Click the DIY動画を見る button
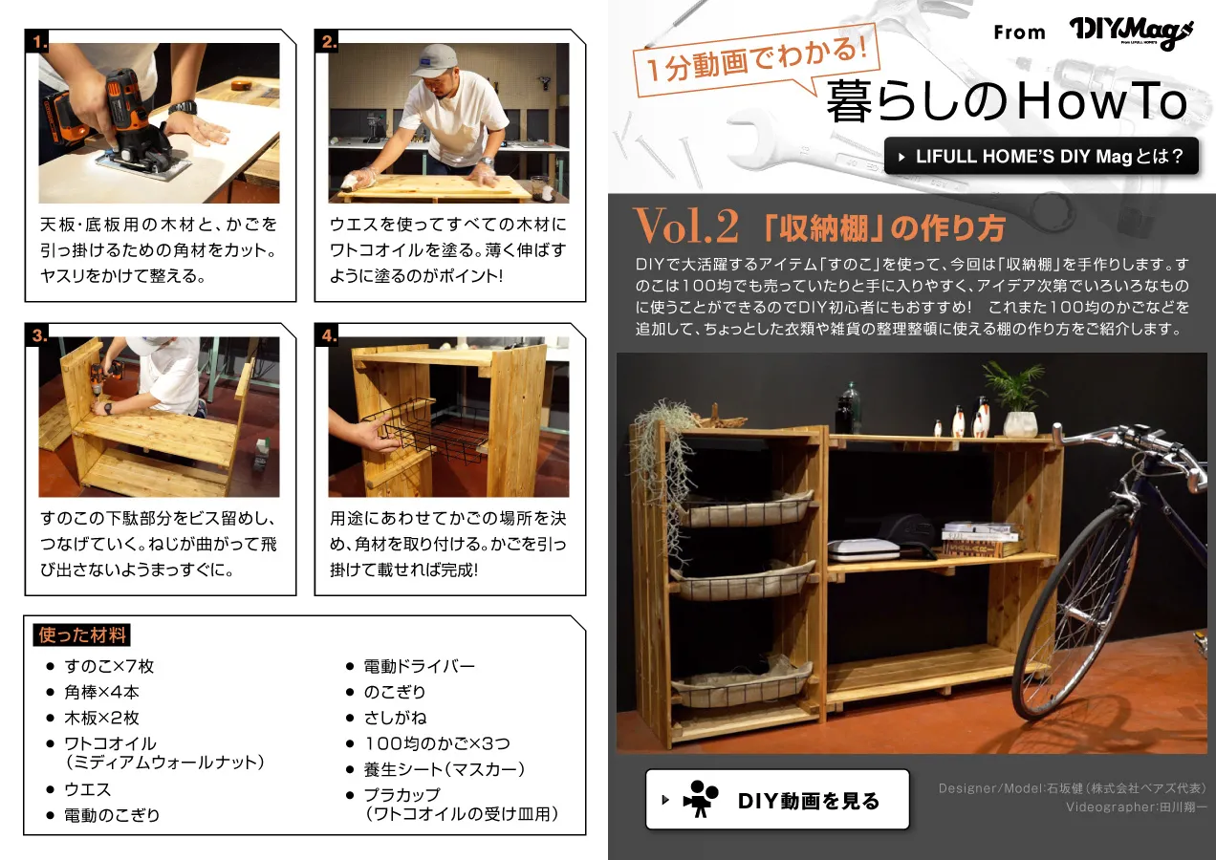coord(777,799)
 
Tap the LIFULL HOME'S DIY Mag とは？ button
coord(1041,157)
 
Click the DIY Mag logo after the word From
coord(1131,33)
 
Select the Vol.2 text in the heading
coord(686,226)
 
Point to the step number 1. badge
coord(37,41)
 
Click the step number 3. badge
coord(37,334)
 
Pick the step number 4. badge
coord(327,334)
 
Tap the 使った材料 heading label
coord(82,634)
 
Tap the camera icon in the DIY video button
coord(701,799)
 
